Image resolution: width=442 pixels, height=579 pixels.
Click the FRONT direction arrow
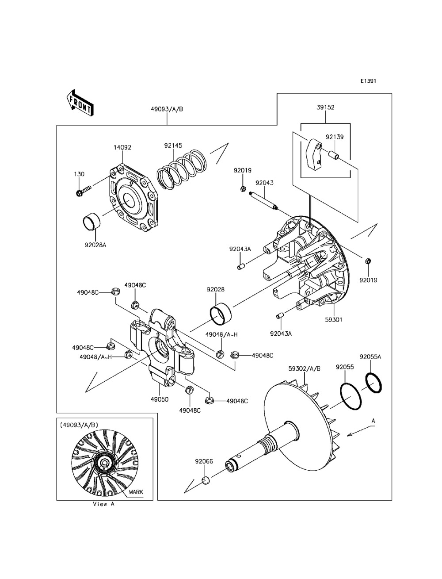point(80,103)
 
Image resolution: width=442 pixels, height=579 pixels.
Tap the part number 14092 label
point(122,147)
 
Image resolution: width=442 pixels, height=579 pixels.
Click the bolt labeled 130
point(83,191)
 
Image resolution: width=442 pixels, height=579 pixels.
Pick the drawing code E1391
point(369,81)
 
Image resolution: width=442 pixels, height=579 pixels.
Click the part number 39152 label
point(325,107)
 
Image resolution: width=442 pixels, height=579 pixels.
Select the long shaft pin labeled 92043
point(263,201)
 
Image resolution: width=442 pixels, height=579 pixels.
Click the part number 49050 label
point(160,399)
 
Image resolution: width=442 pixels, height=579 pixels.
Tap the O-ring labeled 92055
point(351,396)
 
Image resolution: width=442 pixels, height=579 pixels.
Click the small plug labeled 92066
point(206,481)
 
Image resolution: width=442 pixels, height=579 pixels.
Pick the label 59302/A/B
point(305,368)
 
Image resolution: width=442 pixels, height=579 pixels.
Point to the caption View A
point(103,504)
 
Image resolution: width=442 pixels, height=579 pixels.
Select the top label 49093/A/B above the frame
point(167,109)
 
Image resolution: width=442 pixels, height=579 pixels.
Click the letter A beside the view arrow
point(373,421)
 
